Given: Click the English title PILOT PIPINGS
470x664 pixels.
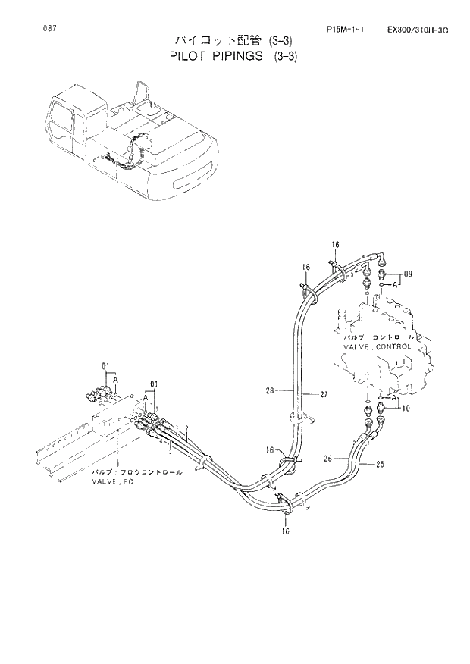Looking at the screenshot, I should pyautogui.click(x=217, y=55).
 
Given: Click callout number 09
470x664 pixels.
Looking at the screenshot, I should pyautogui.click(x=407, y=274).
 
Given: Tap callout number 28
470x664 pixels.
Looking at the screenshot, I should pyautogui.click(x=271, y=392).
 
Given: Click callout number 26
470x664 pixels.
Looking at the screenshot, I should pyautogui.click(x=328, y=458).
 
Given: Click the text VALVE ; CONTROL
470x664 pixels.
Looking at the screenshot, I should pyautogui.click(x=377, y=346).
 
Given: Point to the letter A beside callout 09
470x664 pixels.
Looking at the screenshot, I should pyautogui.click(x=396, y=286).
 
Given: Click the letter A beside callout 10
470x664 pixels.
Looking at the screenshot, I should pyautogui.click(x=395, y=394).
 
